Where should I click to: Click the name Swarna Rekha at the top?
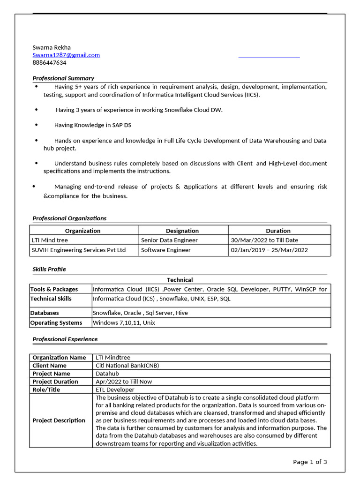(x=52, y=47)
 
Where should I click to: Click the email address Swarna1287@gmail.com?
(x=66, y=55)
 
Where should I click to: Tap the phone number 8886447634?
(x=49, y=62)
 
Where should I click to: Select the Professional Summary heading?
(x=63, y=78)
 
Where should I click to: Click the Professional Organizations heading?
(x=69, y=218)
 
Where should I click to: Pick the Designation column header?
(x=182, y=231)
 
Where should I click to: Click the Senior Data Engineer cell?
(x=169, y=240)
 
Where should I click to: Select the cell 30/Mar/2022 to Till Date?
(x=264, y=240)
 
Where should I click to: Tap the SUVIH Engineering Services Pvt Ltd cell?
(x=79, y=250)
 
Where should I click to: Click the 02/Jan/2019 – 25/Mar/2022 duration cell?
(x=270, y=250)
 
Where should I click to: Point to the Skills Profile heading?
(x=49, y=269)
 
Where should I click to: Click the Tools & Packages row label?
(x=54, y=289)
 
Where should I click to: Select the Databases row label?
(x=45, y=313)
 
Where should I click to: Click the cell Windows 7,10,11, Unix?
(x=124, y=322)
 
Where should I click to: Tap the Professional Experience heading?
(x=65, y=339)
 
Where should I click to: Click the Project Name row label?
(x=52, y=374)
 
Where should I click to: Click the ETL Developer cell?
(x=115, y=390)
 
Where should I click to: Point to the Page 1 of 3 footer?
(x=310, y=462)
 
